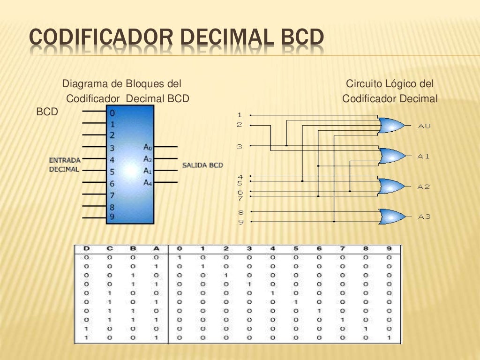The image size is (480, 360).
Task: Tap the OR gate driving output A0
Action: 391,125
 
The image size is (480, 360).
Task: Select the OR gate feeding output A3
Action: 392,216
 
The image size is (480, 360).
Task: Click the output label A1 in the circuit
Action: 424,156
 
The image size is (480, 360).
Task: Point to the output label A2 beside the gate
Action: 424,187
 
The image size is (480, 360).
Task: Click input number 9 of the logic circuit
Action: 240,222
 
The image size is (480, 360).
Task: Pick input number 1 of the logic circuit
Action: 240,115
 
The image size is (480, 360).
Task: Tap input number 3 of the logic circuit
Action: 240,147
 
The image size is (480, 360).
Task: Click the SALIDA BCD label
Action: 202,165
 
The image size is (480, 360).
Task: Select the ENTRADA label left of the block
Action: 65,160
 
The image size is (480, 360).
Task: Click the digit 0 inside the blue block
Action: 112,113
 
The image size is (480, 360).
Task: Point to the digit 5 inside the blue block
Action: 112,172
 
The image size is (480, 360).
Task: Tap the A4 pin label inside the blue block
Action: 148,182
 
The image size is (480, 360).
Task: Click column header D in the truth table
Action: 87,248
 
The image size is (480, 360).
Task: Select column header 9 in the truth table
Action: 389,248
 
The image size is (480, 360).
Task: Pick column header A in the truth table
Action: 157,248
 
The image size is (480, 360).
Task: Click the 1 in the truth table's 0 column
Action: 179,257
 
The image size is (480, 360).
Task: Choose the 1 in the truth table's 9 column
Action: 389,338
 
